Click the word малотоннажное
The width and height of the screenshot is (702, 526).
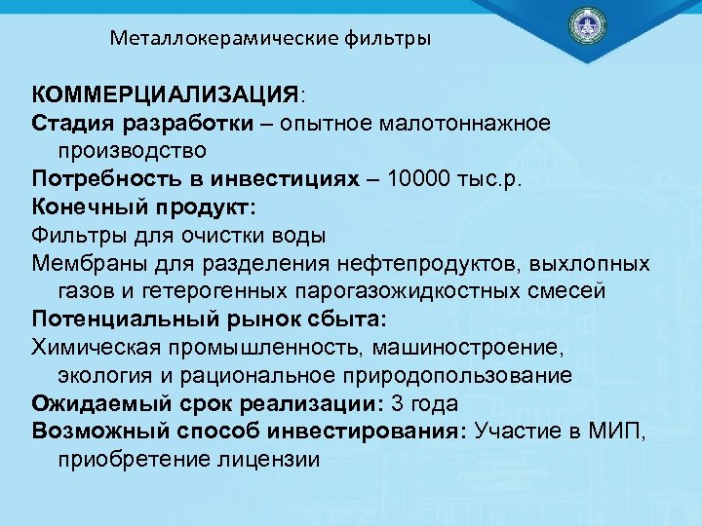480,124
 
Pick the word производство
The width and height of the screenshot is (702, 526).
132,152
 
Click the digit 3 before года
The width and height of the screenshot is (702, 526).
395,403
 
